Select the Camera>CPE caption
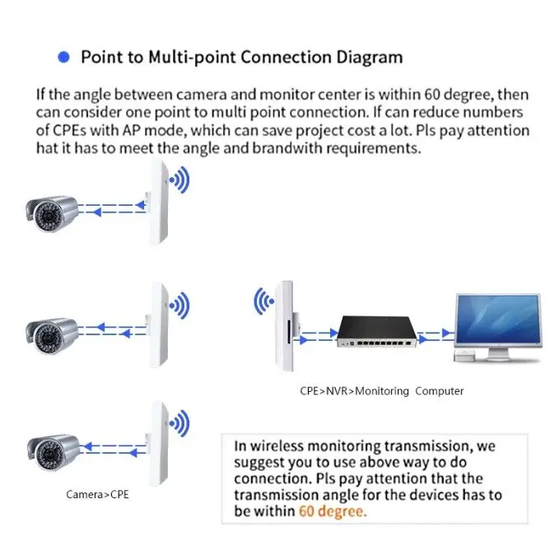point(97,495)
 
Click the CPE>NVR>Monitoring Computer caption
point(381,391)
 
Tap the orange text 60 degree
point(333,511)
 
